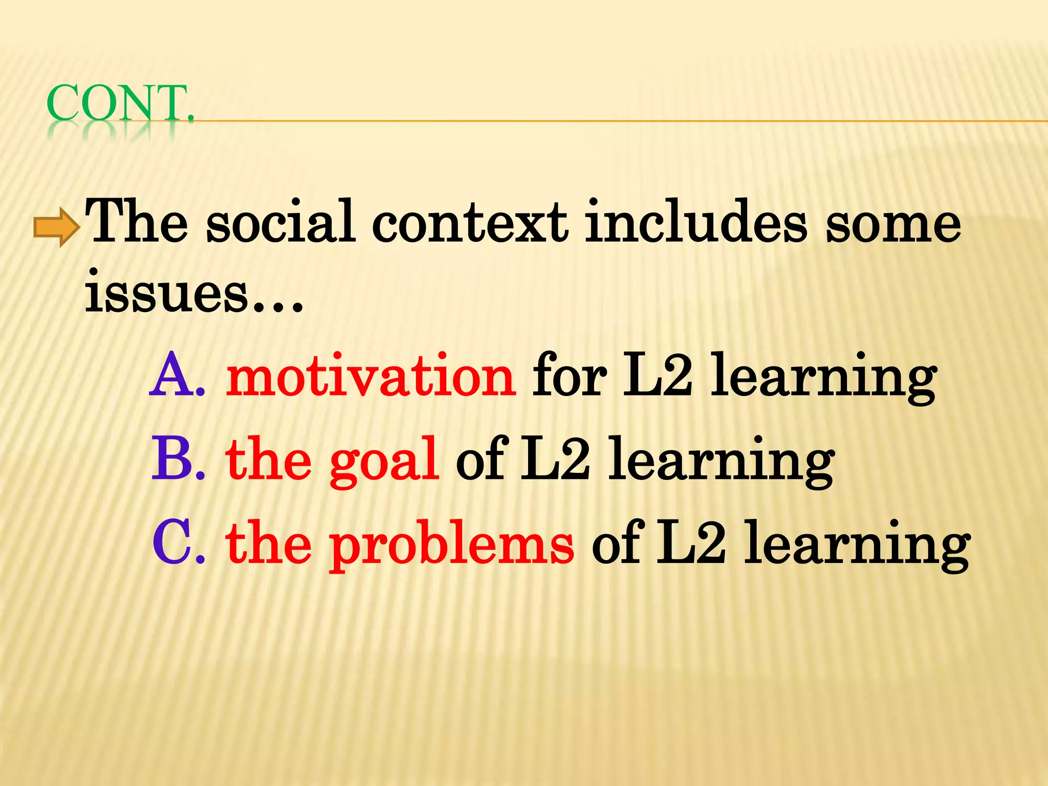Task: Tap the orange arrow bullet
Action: click(x=56, y=227)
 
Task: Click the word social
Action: click(x=280, y=221)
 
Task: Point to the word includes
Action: click(x=696, y=221)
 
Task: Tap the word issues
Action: click(x=166, y=293)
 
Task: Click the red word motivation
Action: click(x=371, y=376)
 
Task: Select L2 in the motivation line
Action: click(x=658, y=376)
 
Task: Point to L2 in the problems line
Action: click(x=691, y=542)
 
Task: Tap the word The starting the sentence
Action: click(x=136, y=221)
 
